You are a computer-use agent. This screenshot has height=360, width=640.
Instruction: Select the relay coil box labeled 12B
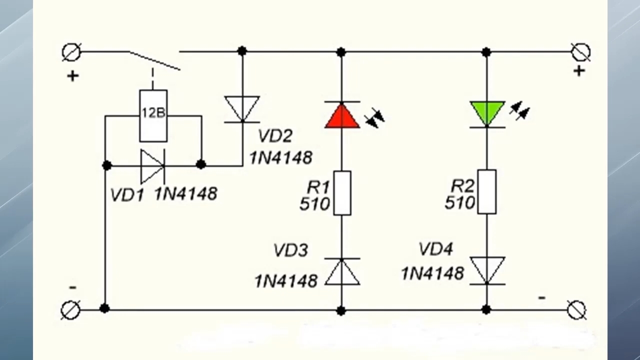point(153,115)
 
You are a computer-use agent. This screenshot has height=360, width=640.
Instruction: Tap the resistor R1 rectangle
point(342,193)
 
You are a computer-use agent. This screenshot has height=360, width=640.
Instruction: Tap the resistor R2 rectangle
point(487,191)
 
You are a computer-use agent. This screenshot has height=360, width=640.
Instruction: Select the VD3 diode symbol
point(342,271)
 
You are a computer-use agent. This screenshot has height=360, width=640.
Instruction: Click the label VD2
point(275,135)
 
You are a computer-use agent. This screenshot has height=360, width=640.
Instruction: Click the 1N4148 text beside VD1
point(186,193)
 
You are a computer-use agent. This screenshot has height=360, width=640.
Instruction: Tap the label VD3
point(291,250)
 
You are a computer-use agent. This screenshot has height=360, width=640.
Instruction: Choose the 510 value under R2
point(459,202)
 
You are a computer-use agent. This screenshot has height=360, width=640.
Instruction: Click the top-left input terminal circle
point(71,52)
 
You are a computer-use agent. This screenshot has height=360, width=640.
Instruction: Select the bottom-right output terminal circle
point(576,310)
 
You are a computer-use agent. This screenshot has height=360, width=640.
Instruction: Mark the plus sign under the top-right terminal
point(579,71)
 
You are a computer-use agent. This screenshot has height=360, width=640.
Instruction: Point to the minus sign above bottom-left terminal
point(73,287)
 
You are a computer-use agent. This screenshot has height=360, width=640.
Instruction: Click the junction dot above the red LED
point(341,52)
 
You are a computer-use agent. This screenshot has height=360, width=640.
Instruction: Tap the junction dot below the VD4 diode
point(486,309)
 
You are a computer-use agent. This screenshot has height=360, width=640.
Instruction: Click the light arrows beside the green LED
point(519,110)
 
